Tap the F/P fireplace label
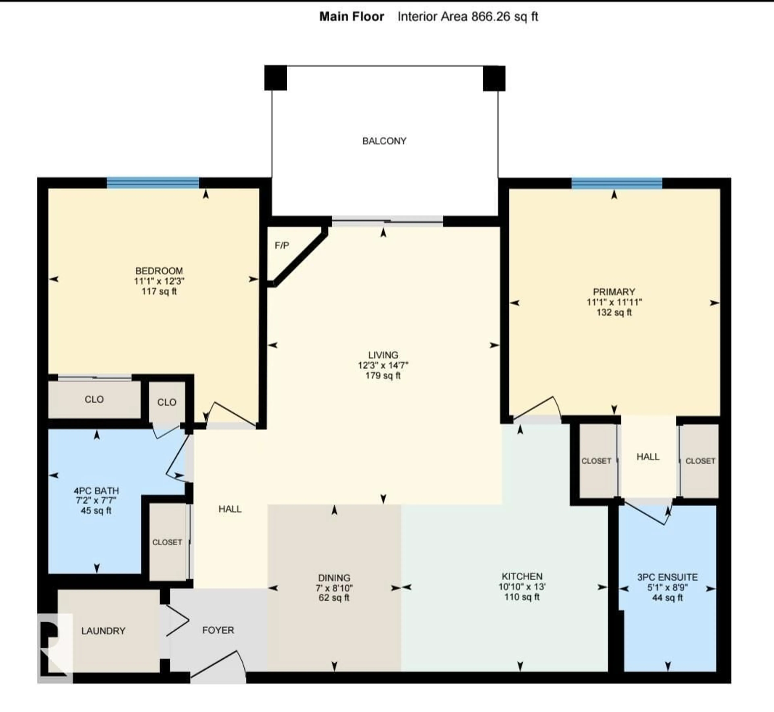click(x=282, y=245)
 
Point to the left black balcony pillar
click(x=275, y=78)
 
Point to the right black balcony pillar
click(x=494, y=78)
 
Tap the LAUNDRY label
click(x=103, y=631)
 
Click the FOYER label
click(x=218, y=630)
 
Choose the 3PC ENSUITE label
click(x=667, y=577)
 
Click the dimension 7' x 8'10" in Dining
click(x=334, y=588)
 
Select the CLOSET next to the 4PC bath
click(x=167, y=542)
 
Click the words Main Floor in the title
click(x=352, y=17)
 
